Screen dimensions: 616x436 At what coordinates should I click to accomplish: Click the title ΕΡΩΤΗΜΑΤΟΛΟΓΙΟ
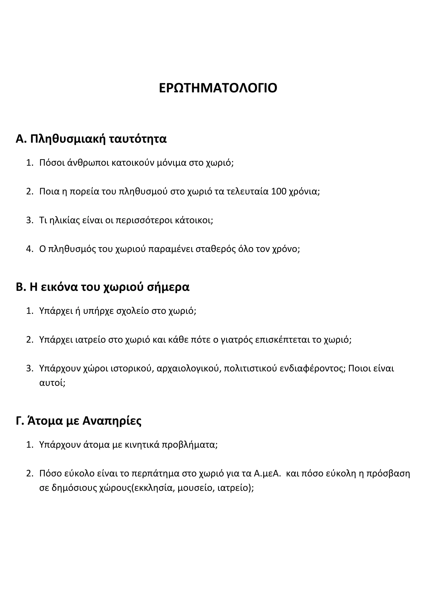pyautogui.click(x=218, y=88)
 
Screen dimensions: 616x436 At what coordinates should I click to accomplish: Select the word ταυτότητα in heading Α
pyautogui.click(x=138, y=139)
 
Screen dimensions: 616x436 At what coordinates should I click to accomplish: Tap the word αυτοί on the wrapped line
pyautogui.click(x=52, y=383)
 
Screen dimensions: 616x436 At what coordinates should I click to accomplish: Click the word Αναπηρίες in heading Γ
pyautogui.click(x=112, y=421)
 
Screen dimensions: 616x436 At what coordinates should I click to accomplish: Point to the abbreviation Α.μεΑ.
pyautogui.click(x=267, y=473)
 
